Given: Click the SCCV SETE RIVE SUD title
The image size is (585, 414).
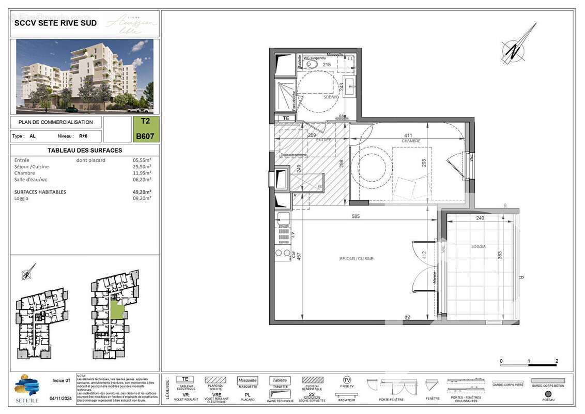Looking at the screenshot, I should click(48, 23).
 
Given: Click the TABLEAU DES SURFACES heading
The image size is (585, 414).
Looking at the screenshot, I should click(85, 151).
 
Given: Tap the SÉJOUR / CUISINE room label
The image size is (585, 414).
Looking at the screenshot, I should click(356, 258).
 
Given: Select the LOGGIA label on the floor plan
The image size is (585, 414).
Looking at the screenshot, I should click(479, 247).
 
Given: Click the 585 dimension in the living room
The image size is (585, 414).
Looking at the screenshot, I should click(356, 217).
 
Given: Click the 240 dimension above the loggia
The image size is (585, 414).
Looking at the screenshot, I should click(480, 218).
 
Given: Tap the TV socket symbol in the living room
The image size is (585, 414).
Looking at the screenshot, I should click(407, 317).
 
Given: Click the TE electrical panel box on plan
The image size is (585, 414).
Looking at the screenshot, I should click(285, 118).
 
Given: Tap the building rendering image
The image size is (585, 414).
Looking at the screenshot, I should click(85, 76).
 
